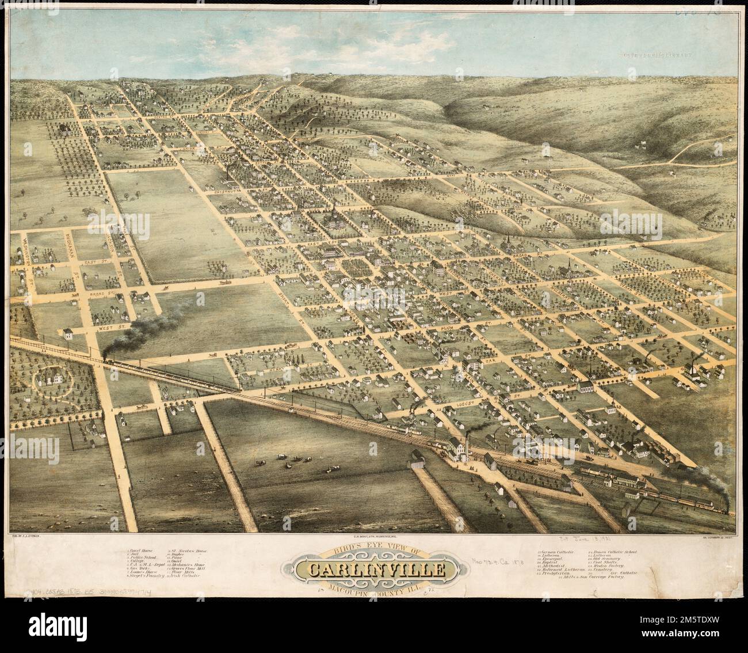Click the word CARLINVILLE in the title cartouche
[x=377, y=570]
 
